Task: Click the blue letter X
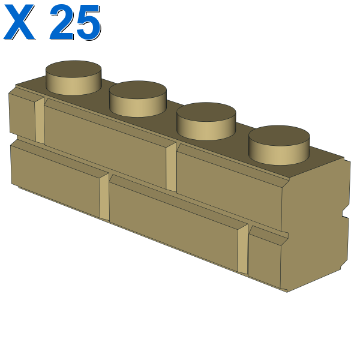(19, 22)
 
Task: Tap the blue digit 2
(62, 22)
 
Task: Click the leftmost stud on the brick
(73, 77)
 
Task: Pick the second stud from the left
(138, 99)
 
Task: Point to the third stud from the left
(206, 121)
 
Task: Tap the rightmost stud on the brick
(279, 145)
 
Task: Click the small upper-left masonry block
(22, 116)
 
